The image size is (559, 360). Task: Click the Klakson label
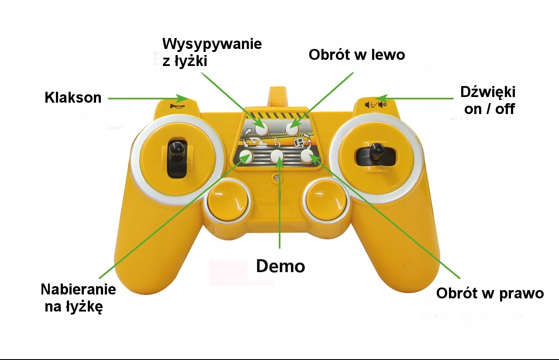[x=73, y=97]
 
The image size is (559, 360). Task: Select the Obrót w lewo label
[x=357, y=55]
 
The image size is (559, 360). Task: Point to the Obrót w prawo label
[x=490, y=293]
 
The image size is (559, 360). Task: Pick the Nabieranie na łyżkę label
[x=78, y=298]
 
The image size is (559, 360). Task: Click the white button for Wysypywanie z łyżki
[x=261, y=128]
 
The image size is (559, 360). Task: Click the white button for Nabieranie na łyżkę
[x=246, y=156]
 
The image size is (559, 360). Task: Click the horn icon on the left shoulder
[x=177, y=107]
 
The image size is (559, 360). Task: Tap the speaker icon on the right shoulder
[x=375, y=104]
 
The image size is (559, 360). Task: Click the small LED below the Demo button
[x=276, y=177]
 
